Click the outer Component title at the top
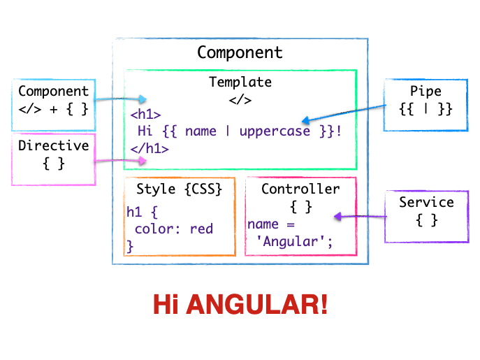[x=240, y=52]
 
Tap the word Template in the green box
[x=240, y=82]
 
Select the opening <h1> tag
[x=145, y=115]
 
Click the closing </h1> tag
[x=149, y=148]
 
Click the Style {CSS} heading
[x=179, y=189]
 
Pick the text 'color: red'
[x=174, y=229]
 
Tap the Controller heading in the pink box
[x=300, y=189]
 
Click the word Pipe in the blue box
[x=426, y=92]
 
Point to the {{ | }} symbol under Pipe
[x=426, y=109]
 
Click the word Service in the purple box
[x=426, y=203]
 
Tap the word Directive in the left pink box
[x=54, y=146]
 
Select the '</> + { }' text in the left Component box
[x=54, y=109]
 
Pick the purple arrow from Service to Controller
[x=359, y=217]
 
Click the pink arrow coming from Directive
[x=120, y=161]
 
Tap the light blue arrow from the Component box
[x=120, y=99]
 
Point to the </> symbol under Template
[x=240, y=99]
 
